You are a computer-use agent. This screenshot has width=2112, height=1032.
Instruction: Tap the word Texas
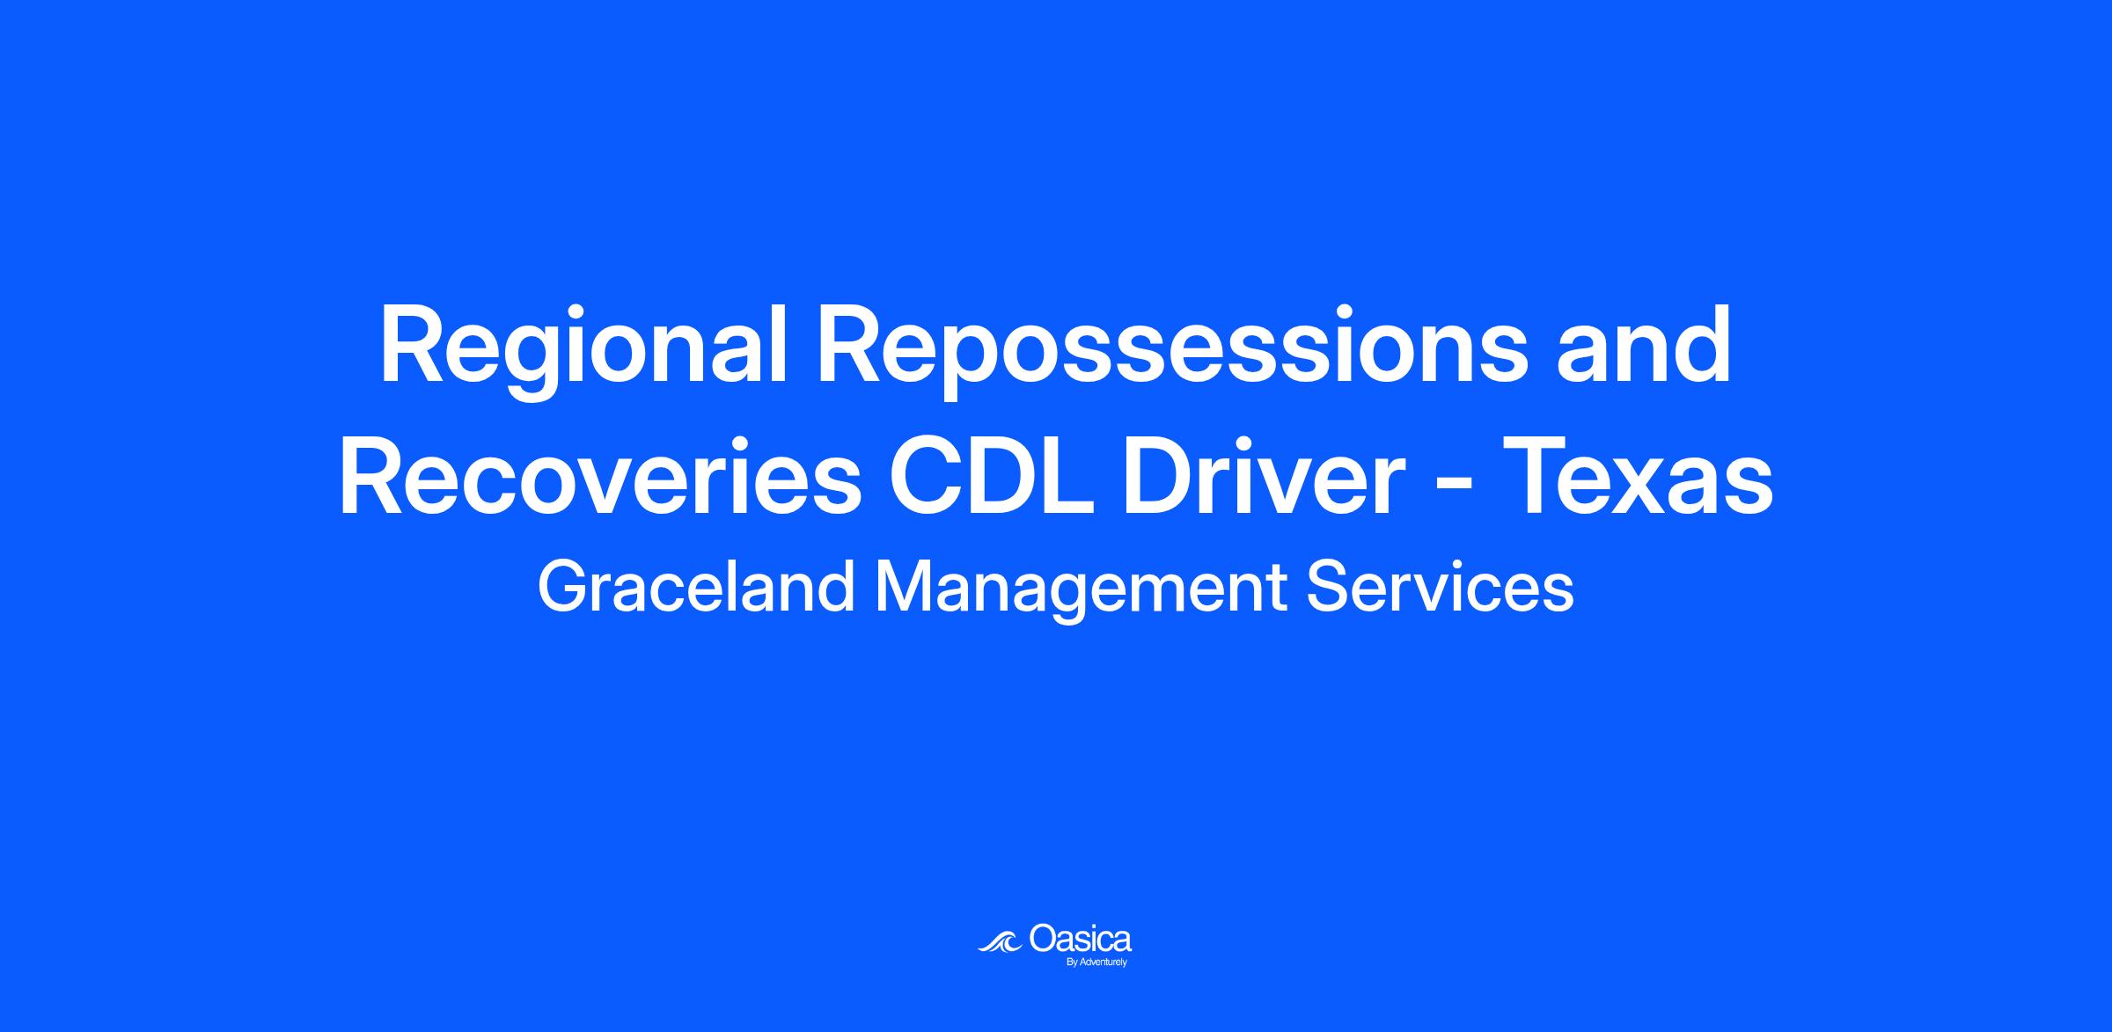[1638, 476]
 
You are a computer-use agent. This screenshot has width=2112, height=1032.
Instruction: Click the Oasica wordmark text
[1080, 938]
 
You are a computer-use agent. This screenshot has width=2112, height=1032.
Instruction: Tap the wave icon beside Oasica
[1001, 941]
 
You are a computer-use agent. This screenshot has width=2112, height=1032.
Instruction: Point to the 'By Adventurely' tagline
[1096, 962]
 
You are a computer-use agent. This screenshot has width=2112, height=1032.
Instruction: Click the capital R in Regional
[413, 345]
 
